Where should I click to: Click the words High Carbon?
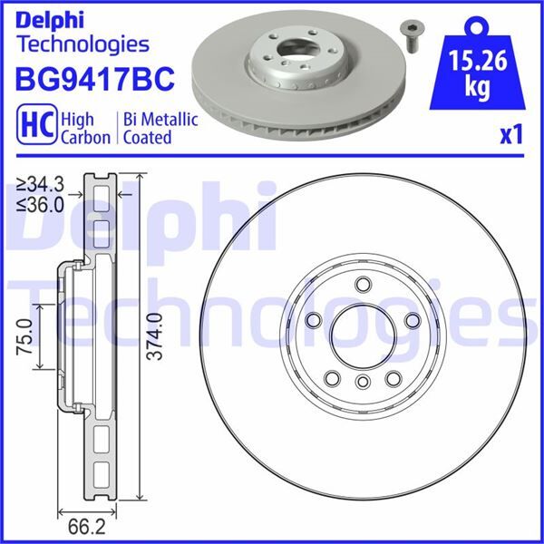click(x=84, y=128)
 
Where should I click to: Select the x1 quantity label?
click(x=512, y=135)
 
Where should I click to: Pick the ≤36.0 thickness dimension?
click(x=41, y=206)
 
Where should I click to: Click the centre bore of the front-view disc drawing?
click(x=361, y=336)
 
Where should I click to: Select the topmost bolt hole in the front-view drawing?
click(x=362, y=285)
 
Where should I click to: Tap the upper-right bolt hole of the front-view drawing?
click(x=411, y=320)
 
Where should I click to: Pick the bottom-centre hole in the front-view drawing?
click(x=361, y=382)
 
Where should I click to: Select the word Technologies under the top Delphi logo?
click(x=83, y=43)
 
